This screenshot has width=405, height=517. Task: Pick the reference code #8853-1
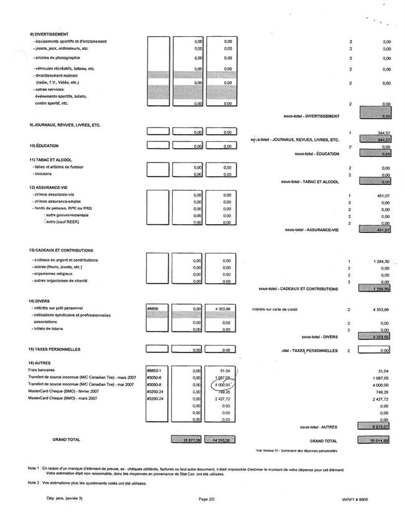(x=154, y=370)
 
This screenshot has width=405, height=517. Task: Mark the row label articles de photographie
(x=58, y=58)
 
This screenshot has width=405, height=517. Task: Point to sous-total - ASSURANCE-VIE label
(x=311, y=230)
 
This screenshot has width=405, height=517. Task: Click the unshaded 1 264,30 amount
(x=378, y=260)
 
